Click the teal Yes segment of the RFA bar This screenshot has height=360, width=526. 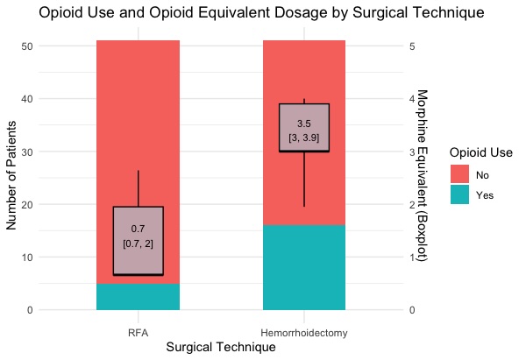[138, 297]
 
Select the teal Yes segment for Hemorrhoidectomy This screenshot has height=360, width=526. [304, 267]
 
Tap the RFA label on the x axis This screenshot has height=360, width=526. [138, 333]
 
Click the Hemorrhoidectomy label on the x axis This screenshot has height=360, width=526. [304, 333]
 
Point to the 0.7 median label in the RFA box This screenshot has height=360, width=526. [138, 229]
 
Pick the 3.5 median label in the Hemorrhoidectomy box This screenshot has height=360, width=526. [304, 124]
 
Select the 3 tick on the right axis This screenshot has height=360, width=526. [412, 152]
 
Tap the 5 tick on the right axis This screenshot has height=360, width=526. [412, 46]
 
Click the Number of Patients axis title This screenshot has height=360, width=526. [11, 178]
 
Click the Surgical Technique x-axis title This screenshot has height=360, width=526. [221, 348]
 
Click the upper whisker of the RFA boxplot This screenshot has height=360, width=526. [139, 188]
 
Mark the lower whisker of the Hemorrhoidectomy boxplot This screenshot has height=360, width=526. [304, 180]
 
